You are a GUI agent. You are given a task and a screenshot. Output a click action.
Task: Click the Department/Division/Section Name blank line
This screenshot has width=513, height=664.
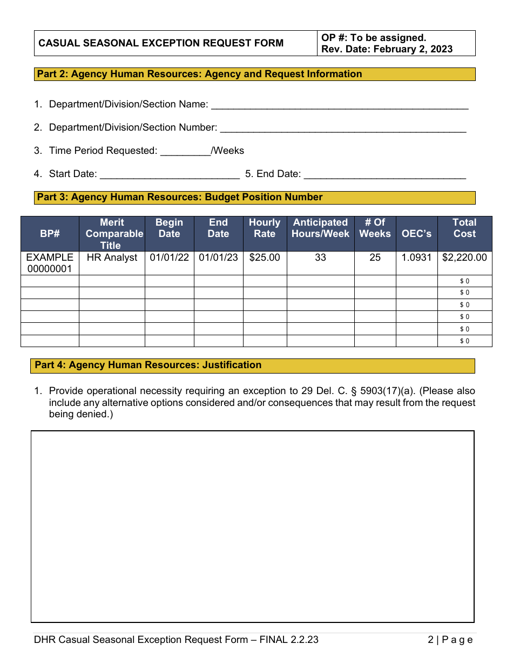click(339, 105)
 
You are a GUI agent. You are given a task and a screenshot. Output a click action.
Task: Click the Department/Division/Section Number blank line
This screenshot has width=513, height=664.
click(343, 128)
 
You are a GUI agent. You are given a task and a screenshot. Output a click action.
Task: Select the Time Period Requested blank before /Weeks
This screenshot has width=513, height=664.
click(185, 152)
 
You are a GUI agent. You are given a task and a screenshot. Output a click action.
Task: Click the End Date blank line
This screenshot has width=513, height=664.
click(385, 175)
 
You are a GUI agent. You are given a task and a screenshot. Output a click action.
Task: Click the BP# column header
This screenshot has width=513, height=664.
click(50, 234)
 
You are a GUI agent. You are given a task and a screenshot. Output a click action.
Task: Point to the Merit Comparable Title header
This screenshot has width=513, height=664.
click(112, 234)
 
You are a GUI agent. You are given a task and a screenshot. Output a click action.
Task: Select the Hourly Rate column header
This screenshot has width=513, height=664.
click(265, 228)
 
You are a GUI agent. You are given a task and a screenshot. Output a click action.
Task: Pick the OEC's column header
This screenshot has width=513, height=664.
click(416, 234)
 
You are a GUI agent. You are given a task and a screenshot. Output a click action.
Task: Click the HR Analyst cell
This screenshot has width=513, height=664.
click(112, 258)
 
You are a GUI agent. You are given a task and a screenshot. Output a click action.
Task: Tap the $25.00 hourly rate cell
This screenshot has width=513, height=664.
click(265, 258)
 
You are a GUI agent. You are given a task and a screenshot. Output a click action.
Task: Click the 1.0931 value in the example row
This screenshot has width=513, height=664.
click(416, 258)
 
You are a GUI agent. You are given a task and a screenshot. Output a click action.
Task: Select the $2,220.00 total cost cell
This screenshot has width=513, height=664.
click(464, 258)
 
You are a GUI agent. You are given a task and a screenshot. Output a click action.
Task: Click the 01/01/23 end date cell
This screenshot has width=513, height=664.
click(218, 258)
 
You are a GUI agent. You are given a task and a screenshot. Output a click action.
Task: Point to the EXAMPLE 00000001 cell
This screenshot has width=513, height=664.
click(50, 263)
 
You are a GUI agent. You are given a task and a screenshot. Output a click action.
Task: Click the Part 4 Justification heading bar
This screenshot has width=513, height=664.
click(252, 365)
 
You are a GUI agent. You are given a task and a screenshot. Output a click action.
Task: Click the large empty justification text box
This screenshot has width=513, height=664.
click(252, 526)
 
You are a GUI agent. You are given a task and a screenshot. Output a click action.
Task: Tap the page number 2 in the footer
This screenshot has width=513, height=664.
click(430, 640)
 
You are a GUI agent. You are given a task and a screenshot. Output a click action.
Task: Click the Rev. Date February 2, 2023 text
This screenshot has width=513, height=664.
click(387, 49)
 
